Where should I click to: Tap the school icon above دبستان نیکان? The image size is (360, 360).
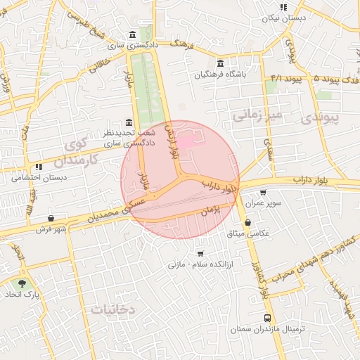point(283,6)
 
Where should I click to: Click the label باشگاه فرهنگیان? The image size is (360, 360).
point(221,74)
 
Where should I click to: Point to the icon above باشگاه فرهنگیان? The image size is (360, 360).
point(221,63)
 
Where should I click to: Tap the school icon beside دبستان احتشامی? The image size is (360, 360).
point(39,167)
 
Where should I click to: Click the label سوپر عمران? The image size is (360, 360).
point(263,202)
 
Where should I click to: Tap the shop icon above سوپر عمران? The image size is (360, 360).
point(263,192)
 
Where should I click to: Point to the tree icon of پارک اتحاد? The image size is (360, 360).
point(22,284)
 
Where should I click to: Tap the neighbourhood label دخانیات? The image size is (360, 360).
point(112,309)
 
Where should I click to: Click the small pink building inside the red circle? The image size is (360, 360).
point(184,143)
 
